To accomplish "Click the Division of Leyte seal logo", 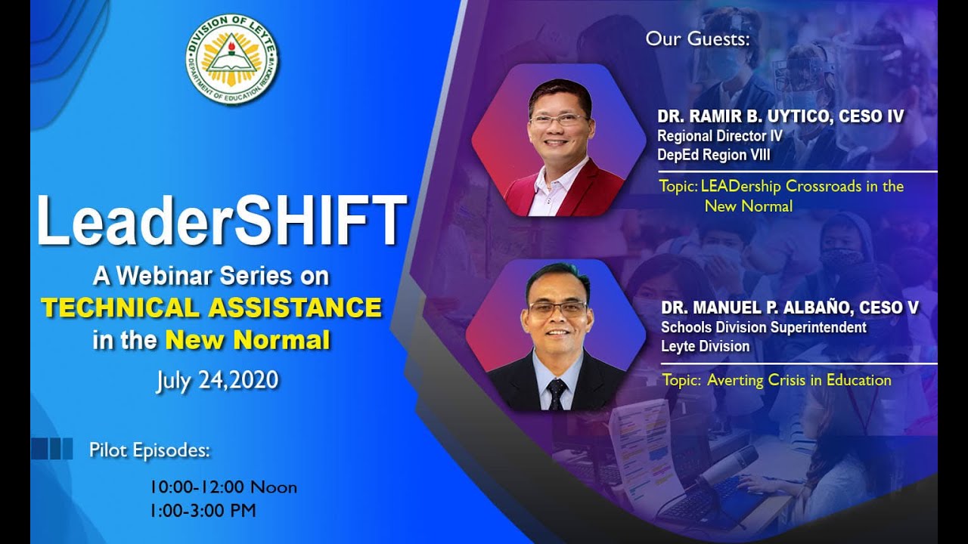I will pos(232,60).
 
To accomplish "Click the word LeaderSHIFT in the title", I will pos(221,221).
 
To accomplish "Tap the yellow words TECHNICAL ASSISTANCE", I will pos(211,308).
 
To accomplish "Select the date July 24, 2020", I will pos(217,379).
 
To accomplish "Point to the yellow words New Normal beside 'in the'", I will pos(247,340).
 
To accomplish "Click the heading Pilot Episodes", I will pos(149,450).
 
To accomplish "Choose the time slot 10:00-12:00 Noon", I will pos(223,487).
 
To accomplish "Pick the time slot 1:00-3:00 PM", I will pos(203,511).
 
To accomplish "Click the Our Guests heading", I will pos(697,39).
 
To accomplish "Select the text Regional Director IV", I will pos(719,136).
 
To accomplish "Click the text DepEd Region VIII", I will pos(713,156).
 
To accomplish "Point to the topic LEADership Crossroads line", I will pos(802,186).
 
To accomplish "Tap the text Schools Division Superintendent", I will pos(763,328).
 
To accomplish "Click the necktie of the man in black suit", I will pos(557,393).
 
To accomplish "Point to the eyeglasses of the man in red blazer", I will pos(558,120).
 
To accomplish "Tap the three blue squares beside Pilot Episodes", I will pos(52,449).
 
